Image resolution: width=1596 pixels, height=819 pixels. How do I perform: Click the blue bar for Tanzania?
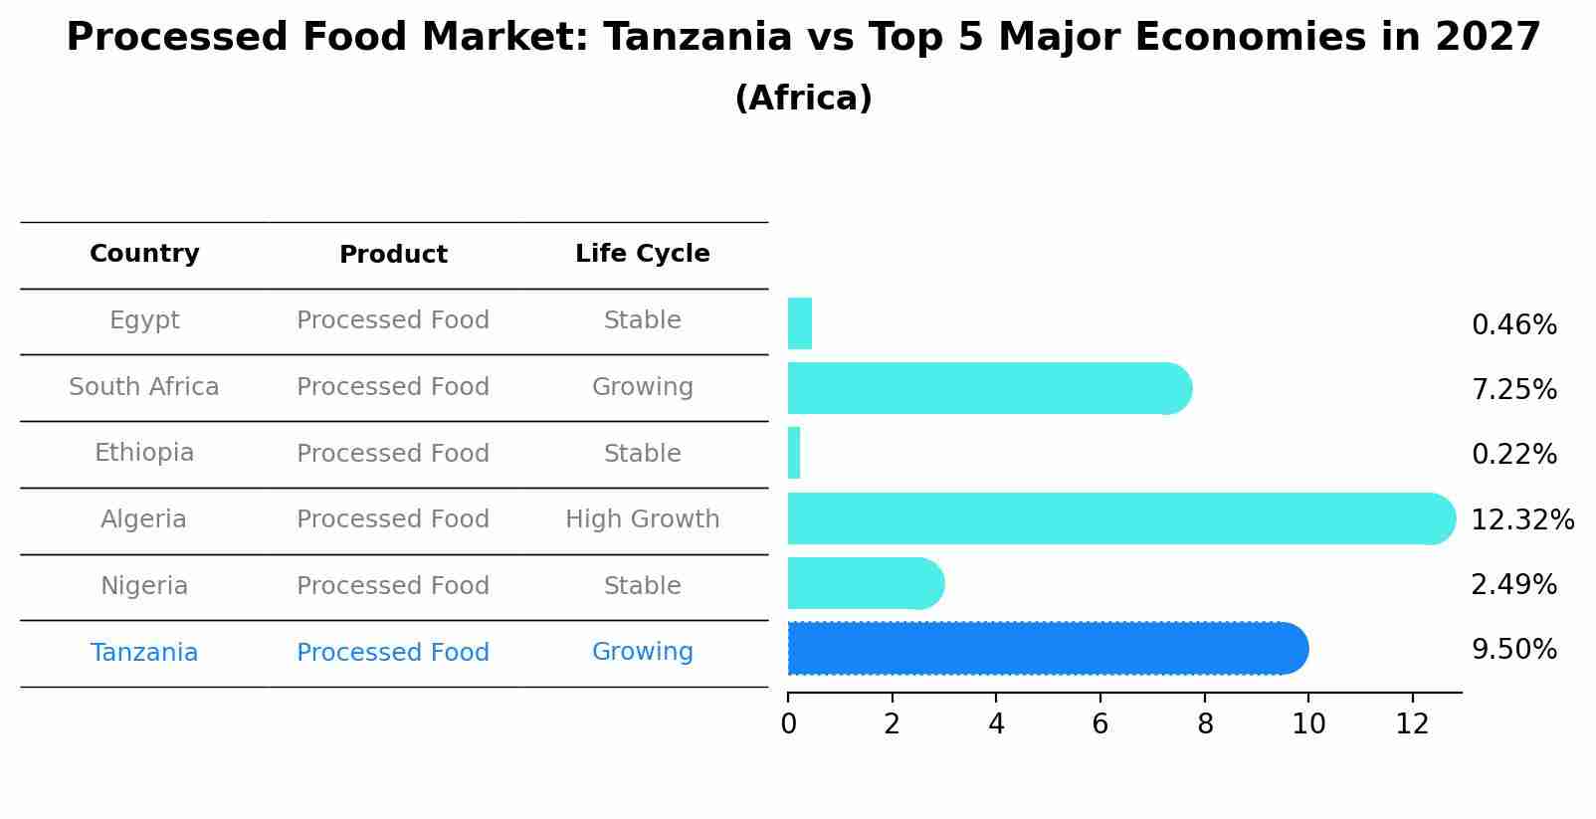1045,649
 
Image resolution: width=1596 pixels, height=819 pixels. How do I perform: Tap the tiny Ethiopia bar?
794,453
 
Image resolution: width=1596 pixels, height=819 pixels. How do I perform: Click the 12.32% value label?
1521,520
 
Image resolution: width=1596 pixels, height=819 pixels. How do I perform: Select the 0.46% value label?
1513,325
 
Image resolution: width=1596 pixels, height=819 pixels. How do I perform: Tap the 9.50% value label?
1513,650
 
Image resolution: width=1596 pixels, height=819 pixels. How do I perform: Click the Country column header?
144,254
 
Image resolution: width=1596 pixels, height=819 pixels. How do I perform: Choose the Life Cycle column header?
642,254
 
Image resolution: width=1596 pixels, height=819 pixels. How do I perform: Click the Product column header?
393,255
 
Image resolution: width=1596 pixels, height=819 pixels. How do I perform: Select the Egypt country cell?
144,320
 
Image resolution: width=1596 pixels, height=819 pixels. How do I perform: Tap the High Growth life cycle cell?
642,519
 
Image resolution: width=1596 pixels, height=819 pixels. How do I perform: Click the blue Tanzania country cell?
144,653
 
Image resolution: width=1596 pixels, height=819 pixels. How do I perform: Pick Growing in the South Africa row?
642,387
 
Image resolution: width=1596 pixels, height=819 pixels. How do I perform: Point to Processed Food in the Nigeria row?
393,586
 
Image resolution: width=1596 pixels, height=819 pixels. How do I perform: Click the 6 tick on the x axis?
1099,723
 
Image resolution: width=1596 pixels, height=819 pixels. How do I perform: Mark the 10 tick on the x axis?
1308,723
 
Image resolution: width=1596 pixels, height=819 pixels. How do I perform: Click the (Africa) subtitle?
803,99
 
